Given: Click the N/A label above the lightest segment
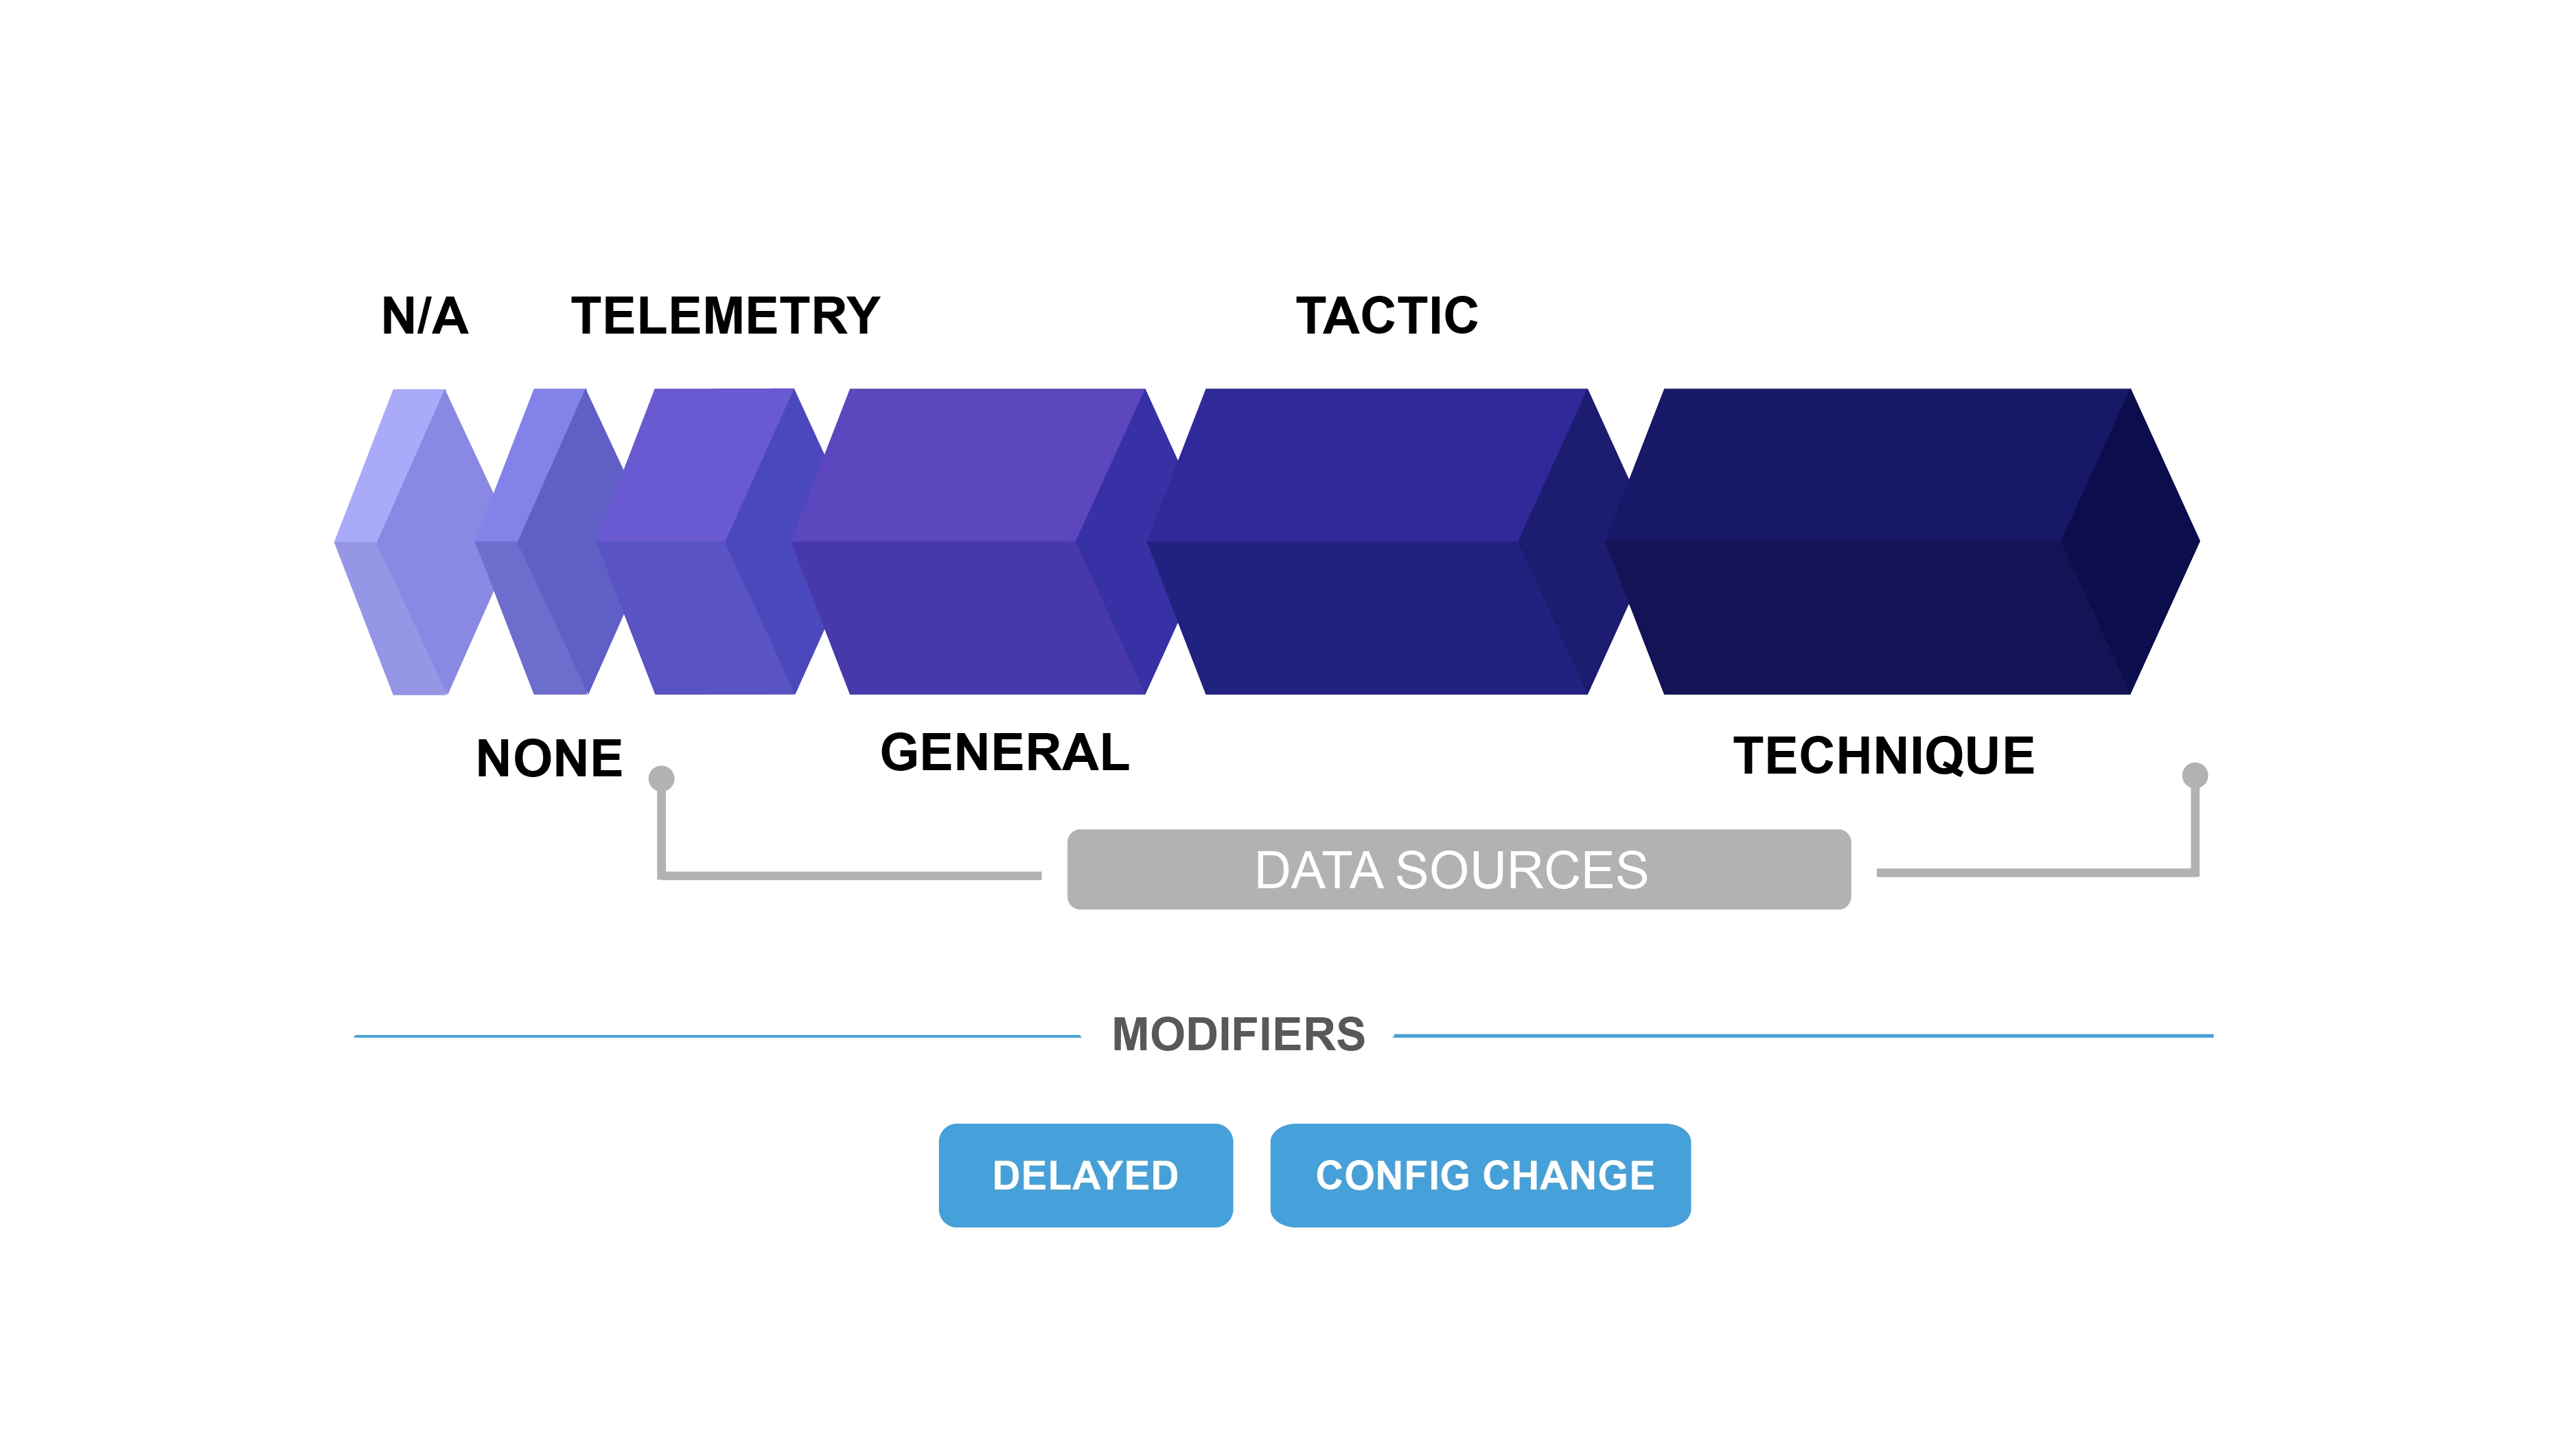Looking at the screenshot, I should pos(424,316).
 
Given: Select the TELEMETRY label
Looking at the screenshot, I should pos(727,316).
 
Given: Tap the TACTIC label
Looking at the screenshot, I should pos(1389,316).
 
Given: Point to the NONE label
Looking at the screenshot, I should pos(552,758).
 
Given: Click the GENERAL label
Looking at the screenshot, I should pos(1004,754).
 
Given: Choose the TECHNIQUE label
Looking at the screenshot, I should pos(1883,756).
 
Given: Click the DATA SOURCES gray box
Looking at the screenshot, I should pos(1459,870).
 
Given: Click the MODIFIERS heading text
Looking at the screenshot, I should pos(1238,1035).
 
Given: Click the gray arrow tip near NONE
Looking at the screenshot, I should pos(661,776).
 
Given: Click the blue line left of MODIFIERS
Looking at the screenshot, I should pos(715,1035).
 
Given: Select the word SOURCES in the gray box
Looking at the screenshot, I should pos(1521,870).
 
